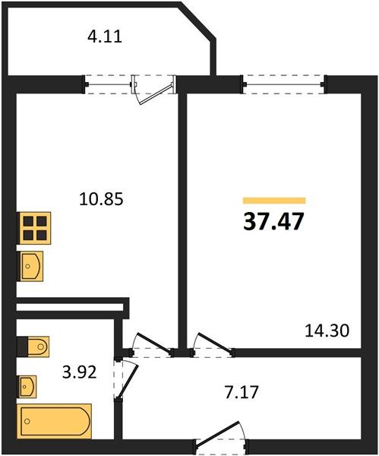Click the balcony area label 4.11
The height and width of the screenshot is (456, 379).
(105, 37)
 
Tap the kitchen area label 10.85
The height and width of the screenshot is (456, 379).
(102, 199)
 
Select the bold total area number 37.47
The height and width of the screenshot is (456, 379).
(273, 221)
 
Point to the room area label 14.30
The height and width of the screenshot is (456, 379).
(327, 331)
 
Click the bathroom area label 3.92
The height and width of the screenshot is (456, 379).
(79, 372)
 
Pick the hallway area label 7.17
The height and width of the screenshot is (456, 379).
(242, 391)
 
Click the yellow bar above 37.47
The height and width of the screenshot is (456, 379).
(274, 201)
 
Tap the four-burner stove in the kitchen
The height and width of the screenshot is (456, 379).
(35, 228)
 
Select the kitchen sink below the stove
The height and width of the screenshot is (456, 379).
(30, 266)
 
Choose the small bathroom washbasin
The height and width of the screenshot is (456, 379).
(27, 387)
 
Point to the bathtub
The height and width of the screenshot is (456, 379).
(55, 421)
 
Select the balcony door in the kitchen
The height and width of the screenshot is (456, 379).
(154, 90)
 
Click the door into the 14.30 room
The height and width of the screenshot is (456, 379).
(212, 345)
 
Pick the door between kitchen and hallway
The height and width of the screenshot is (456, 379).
(151, 345)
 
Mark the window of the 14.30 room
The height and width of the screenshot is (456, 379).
(283, 84)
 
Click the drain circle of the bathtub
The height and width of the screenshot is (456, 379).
(27, 421)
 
